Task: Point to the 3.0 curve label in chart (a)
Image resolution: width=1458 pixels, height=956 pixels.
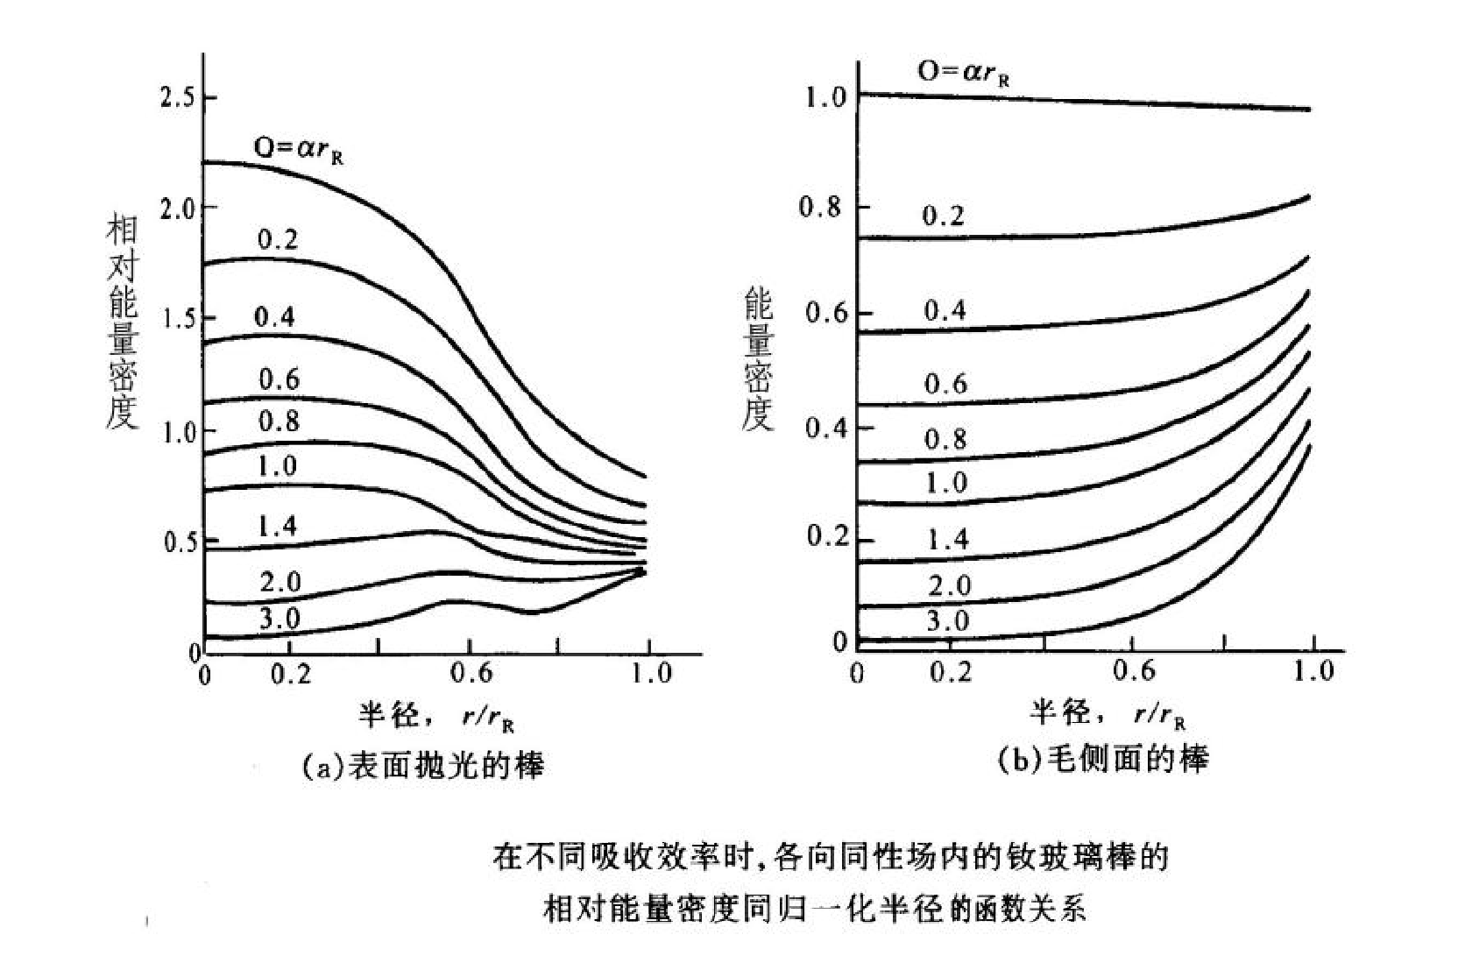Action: point(280,619)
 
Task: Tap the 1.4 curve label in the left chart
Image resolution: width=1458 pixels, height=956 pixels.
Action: point(277,526)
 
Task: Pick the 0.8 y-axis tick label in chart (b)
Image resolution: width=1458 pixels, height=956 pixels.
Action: point(823,207)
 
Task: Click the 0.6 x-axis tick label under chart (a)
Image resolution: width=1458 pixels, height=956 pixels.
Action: point(471,674)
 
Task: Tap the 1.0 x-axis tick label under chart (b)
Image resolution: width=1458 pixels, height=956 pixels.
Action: point(1312,671)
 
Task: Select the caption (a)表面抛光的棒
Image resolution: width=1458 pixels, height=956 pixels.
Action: point(422,766)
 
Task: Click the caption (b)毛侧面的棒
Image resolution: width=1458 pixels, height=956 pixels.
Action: point(1103,759)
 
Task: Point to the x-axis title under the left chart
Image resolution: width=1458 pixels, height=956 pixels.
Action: point(435,717)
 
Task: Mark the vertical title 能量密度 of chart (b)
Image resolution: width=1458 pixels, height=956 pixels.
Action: point(758,360)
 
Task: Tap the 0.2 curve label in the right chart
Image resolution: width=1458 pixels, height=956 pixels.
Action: point(943,216)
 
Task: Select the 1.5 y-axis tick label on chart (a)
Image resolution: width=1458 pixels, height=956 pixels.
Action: point(179,319)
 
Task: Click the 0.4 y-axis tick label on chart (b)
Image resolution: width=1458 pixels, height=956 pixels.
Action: point(825,428)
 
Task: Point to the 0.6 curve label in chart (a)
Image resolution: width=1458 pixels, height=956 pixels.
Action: point(279,379)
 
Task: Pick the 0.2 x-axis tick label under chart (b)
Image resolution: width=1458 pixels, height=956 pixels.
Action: point(951,672)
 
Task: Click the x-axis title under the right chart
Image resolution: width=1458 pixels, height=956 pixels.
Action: point(1108,713)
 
